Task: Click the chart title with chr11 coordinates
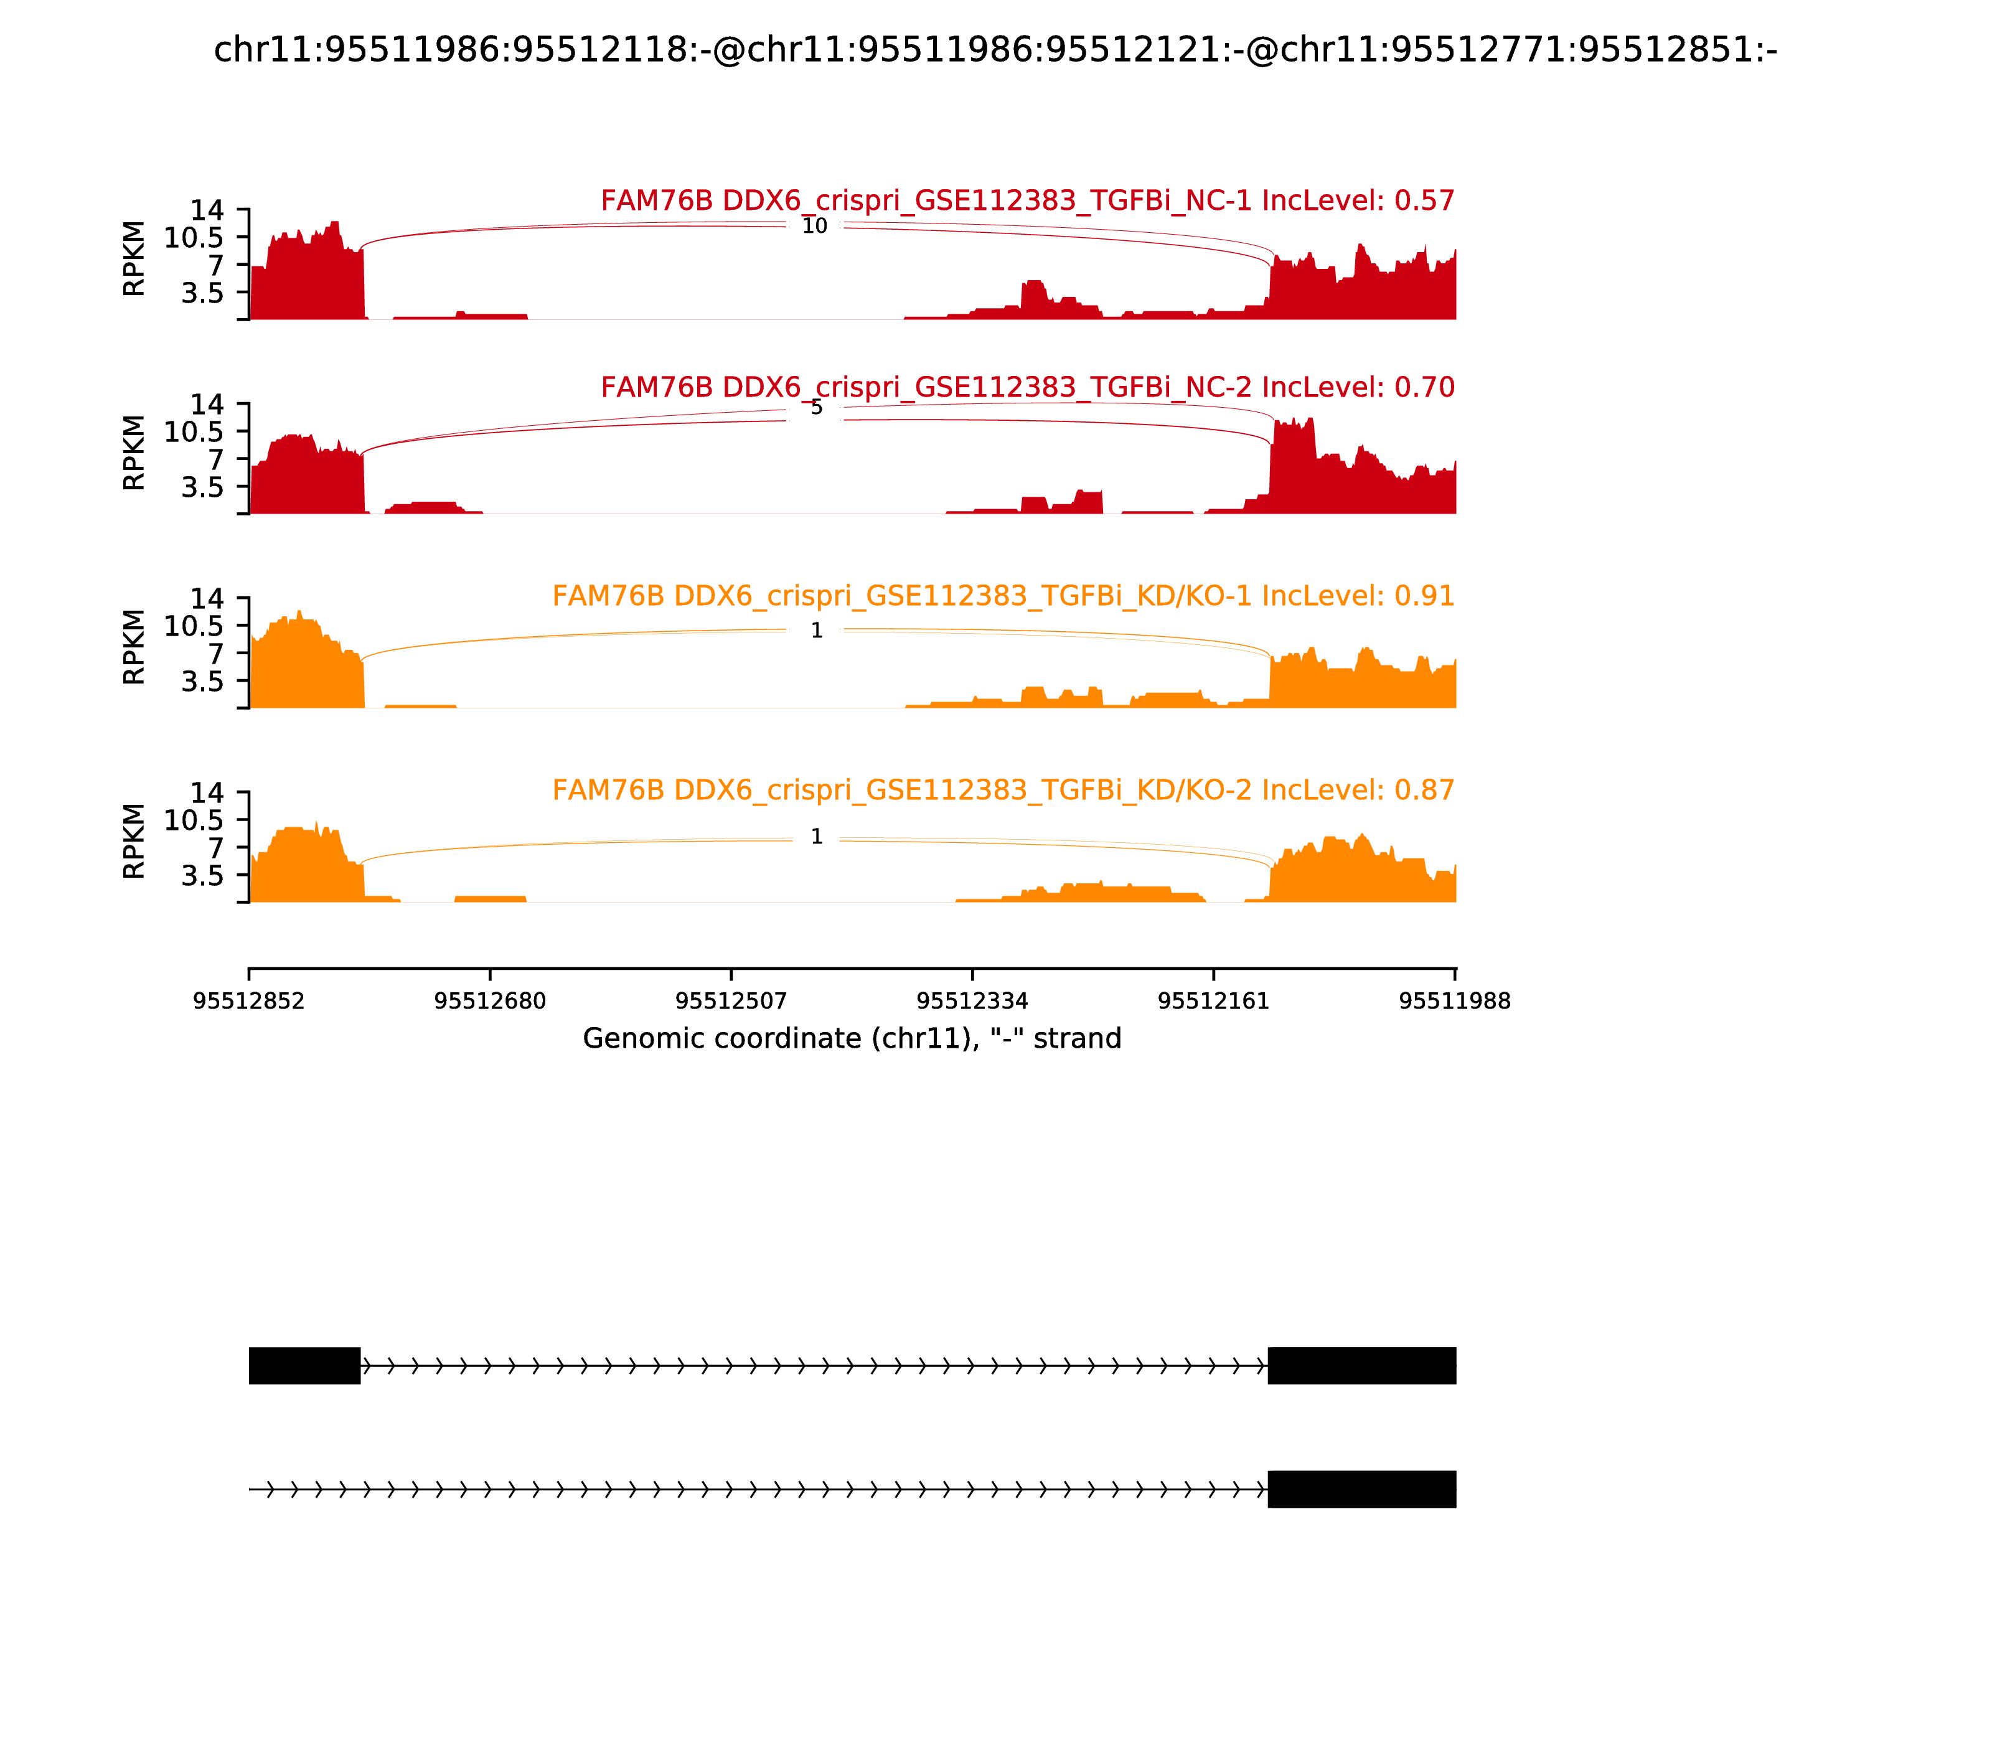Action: (x=995, y=50)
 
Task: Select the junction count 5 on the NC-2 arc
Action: (x=816, y=408)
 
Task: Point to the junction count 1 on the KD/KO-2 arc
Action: (x=816, y=837)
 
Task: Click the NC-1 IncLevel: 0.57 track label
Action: (x=1027, y=201)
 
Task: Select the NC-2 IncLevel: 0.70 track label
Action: (x=1027, y=388)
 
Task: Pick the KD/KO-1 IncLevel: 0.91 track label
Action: (x=1003, y=596)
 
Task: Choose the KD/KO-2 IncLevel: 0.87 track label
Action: (x=1003, y=791)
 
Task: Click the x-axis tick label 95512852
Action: (x=249, y=1002)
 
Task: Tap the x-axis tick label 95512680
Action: (x=491, y=1002)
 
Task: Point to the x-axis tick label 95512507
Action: (x=731, y=1002)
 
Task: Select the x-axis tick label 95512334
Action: (x=972, y=1002)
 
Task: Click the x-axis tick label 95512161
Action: (x=1214, y=1002)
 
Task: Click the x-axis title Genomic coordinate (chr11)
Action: (x=852, y=1040)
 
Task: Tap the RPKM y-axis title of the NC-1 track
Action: (x=134, y=259)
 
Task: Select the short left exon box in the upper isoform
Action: (x=304, y=1366)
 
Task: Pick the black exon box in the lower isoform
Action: (x=1362, y=1489)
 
